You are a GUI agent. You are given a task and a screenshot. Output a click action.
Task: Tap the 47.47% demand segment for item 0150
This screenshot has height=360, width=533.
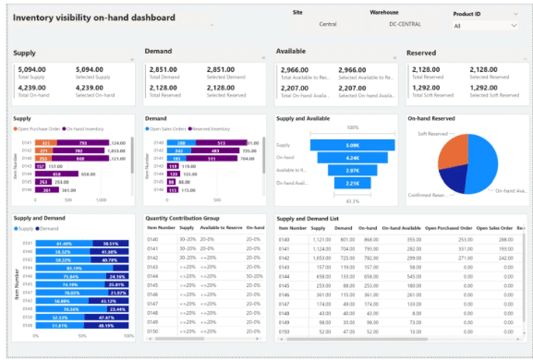[108, 317]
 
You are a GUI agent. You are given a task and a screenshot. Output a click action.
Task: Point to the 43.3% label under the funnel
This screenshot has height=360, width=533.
[327, 200]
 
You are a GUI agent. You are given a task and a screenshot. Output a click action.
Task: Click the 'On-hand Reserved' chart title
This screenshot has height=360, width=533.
[431, 118]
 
